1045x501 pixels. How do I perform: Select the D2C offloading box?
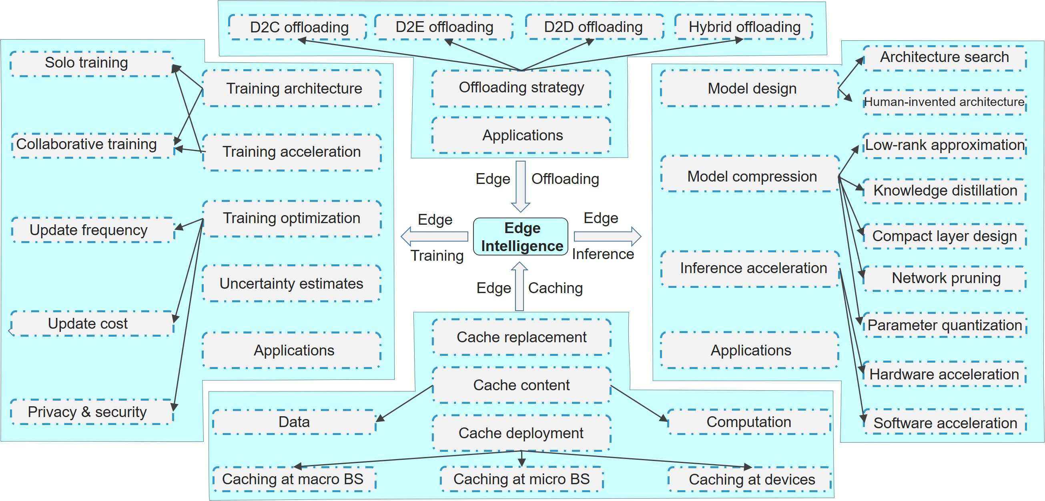[x=299, y=27]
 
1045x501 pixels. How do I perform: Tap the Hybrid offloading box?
[x=744, y=27]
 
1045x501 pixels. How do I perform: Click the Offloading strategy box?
[x=521, y=88]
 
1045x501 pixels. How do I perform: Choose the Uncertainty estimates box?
[x=291, y=283]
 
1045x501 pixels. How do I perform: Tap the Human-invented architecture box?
[x=945, y=102]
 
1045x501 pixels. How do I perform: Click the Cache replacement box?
[x=521, y=337]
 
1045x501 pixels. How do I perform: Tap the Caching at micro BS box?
[x=521, y=479]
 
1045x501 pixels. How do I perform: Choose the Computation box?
[x=749, y=422]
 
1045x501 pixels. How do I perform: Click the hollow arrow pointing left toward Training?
[x=434, y=237]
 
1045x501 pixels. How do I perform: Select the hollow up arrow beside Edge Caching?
[x=519, y=286]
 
